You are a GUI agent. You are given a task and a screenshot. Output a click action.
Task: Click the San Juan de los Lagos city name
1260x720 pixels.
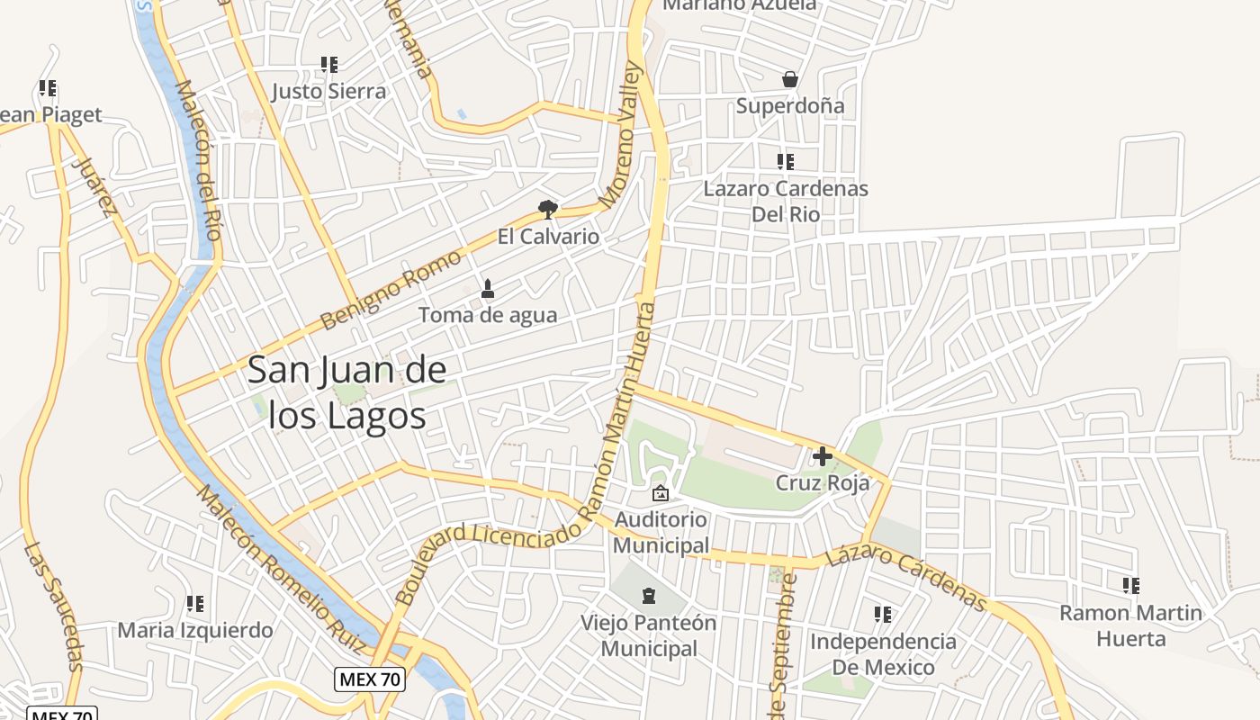click(x=346, y=392)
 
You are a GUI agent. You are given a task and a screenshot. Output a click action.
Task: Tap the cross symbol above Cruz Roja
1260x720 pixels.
click(x=822, y=456)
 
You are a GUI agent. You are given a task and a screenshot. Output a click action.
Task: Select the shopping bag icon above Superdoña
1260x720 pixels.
click(x=790, y=79)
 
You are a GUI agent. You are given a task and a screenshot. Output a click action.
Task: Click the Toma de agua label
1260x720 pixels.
click(x=488, y=315)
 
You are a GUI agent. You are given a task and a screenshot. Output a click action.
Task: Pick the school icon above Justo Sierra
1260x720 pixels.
click(x=329, y=65)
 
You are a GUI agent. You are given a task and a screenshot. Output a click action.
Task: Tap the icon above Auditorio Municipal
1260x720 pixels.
click(x=661, y=493)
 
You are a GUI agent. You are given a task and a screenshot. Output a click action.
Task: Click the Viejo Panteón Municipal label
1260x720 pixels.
click(x=648, y=635)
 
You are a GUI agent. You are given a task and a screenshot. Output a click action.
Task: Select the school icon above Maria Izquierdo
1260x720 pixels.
click(x=195, y=604)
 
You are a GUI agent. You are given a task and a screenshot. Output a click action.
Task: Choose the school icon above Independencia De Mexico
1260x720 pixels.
click(x=883, y=615)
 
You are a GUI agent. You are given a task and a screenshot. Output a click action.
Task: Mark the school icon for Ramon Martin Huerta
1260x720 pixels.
click(x=1131, y=586)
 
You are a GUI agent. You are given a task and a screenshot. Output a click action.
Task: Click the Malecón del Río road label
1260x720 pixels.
click(x=199, y=160)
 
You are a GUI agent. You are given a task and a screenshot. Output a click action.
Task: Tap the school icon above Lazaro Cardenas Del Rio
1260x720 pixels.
click(x=786, y=162)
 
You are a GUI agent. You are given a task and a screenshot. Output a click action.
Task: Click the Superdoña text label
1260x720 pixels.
click(x=790, y=106)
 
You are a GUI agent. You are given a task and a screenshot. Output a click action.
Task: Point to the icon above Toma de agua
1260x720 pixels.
click(x=488, y=289)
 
